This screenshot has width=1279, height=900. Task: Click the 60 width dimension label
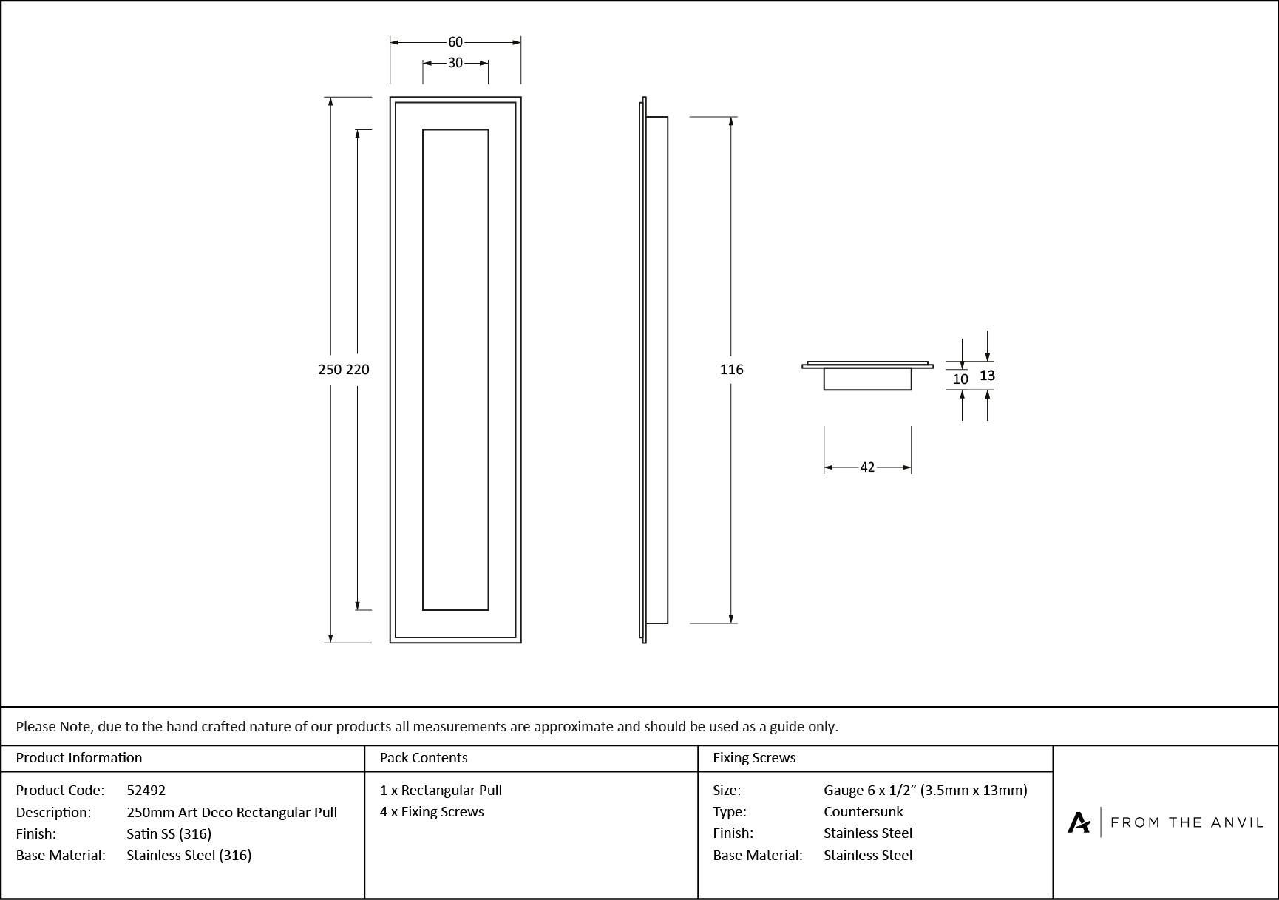tap(455, 43)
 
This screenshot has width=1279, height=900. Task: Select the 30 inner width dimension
tap(455, 63)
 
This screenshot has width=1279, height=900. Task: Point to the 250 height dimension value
tap(330, 369)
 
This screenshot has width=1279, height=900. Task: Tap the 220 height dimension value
tap(358, 369)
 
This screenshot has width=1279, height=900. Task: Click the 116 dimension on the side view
tap(732, 369)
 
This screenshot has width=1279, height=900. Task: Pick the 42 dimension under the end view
tap(867, 467)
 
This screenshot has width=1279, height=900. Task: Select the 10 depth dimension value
tap(960, 379)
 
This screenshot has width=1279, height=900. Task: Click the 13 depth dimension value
tap(988, 376)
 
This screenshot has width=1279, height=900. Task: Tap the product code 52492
tap(146, 791)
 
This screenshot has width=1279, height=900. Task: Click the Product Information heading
tap(79, 758)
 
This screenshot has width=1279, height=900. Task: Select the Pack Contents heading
tap(424, 758)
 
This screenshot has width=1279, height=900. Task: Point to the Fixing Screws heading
tap(754, 758)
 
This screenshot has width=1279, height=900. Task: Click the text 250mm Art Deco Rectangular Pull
tap(232, 812)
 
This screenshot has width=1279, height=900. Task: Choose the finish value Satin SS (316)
tap(169, 833)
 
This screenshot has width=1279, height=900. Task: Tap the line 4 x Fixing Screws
tap(432, 812)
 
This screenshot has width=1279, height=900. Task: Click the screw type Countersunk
tap(864, 812)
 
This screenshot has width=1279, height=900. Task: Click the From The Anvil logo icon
tap(1079, 822)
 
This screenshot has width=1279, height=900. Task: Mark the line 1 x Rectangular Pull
tap(441, 791)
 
